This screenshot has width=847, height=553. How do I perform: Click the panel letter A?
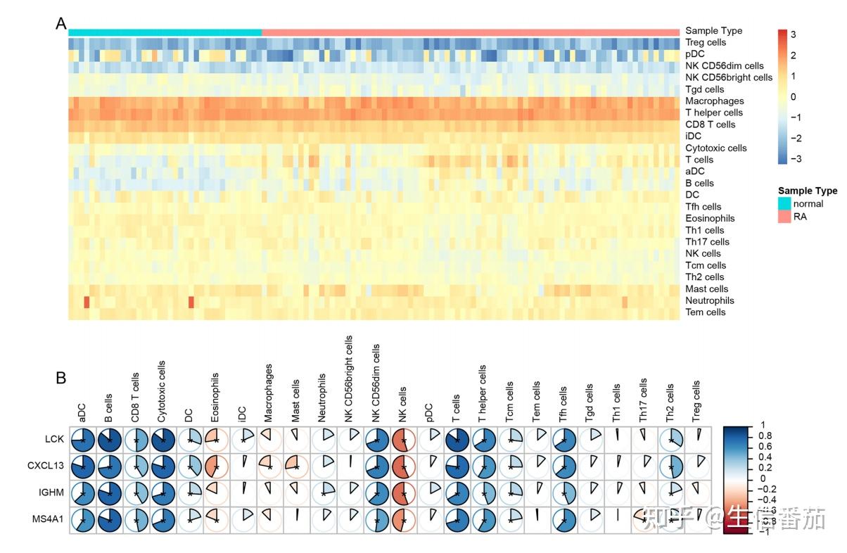61,24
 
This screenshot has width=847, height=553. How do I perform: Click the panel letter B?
61,378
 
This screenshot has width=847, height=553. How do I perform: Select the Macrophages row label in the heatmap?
714,101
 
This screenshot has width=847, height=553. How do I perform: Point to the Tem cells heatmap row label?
705,312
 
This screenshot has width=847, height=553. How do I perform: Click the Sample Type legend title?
808,191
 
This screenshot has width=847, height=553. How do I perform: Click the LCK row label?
53,440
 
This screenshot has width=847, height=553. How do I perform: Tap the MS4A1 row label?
49,520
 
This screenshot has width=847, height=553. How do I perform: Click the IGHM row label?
51,493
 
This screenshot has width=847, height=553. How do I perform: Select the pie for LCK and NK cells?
405,440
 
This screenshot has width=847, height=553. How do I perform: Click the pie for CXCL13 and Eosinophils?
217,466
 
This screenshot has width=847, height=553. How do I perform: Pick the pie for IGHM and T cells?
458,493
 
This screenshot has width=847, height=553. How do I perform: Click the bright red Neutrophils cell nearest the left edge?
87,302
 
